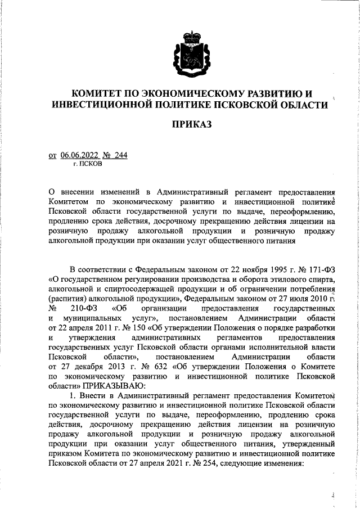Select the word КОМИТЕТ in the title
(x=102, y=92)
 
